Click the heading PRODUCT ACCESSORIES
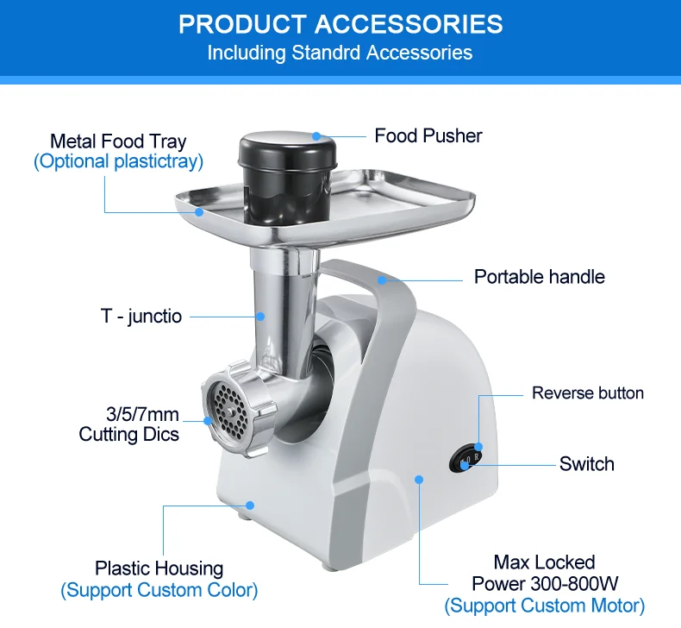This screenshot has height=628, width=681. tap(340, 23)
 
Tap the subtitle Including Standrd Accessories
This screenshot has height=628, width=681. tap(340, 53)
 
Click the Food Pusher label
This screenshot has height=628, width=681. tap(428, 135)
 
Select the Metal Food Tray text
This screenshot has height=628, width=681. tap(118, 141)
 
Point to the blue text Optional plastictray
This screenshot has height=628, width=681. tap(118, 161)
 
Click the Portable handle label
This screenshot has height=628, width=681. tap(539, 277)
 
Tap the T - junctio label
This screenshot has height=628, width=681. tap(141, 317)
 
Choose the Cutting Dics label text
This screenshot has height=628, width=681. tap(129, 434)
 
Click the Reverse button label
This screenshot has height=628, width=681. tap(587, 393)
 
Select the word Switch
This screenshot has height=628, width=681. tap(586, 464)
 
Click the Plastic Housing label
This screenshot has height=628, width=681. tap(159, 568)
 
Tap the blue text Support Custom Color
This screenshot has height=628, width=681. tap(159, 591)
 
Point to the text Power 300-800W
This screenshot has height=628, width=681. tap(544, 584)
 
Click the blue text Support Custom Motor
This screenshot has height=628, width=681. tap(544, 606)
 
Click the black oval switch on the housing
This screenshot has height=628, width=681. tap(465, 458)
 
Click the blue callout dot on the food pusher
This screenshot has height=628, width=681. tap(316, 135)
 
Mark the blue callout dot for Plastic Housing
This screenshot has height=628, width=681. tap(250, 506)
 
